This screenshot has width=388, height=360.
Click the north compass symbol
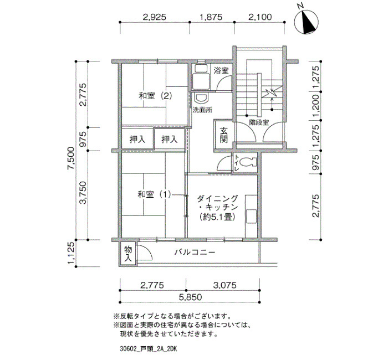pyautogui.click(x=307, y=22)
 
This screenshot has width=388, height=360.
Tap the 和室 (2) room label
pyautogui.click(x=155, y=96)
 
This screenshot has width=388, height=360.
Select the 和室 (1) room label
pyautogui.click(x=154, y=194)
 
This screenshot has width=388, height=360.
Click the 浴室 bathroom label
pyautogui.click(x=221, y=70)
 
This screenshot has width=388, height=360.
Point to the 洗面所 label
pyautogui.click(x=202, y=110)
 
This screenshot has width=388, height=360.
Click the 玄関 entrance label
pyautogui.click(x=224, y=135)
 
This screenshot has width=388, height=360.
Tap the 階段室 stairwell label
pyautogui.click(x=259, y=122)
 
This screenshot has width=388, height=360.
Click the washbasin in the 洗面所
pyautogui.click(x=201, y=99)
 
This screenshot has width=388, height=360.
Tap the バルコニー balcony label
pyautogui.click(x=195, y=252)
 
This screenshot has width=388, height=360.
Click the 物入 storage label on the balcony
pyautogui.click(x=128, y=254)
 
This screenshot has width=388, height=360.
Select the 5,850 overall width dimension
pyautogui.click(x=190, y=297)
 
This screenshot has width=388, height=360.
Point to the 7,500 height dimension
pyautogui.click(x=71, y=158)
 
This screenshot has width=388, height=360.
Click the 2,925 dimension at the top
pyautogui.click(x=155, y=17)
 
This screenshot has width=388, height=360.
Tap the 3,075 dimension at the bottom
pyautogui.click(x=224, y=285)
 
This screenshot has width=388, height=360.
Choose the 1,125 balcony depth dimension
pyautogui.click(x=71, y=253)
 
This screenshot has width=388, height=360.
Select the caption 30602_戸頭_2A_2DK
pyautogui.click(x=148, y=349)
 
